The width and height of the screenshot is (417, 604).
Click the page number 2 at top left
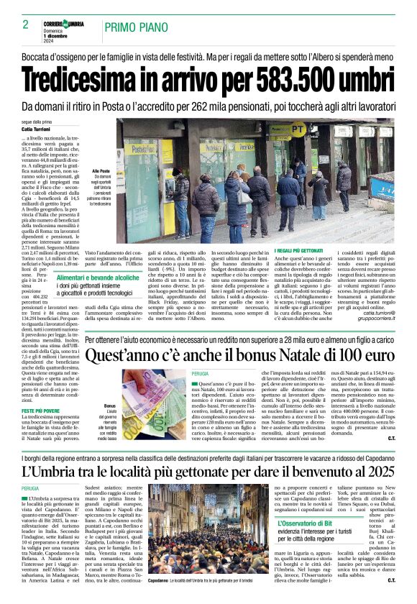15,25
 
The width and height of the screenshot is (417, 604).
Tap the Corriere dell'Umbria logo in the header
63,24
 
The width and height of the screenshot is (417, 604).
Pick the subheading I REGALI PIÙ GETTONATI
302,250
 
